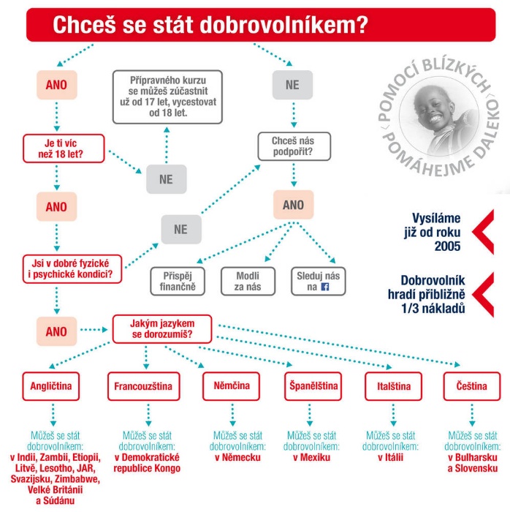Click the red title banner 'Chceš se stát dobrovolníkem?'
[261, 25]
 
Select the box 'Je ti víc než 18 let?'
[64, 148]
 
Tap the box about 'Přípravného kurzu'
[167, 97]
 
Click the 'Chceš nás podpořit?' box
[294, 146]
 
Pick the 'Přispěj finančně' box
[178, 281]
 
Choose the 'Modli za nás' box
[248, 281]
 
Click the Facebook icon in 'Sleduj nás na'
[325, 287]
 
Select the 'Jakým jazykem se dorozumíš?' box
[162, 329]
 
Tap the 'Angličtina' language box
[51, 386]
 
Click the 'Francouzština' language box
[144, 386]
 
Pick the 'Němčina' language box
[231, 386]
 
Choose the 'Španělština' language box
[313, 386]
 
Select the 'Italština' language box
[394, 386]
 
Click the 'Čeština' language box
[472, 386]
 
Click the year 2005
[447, 246]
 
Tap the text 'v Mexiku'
[311, 457]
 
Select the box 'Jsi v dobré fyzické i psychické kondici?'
[72, 269]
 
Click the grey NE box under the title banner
[292, 85]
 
